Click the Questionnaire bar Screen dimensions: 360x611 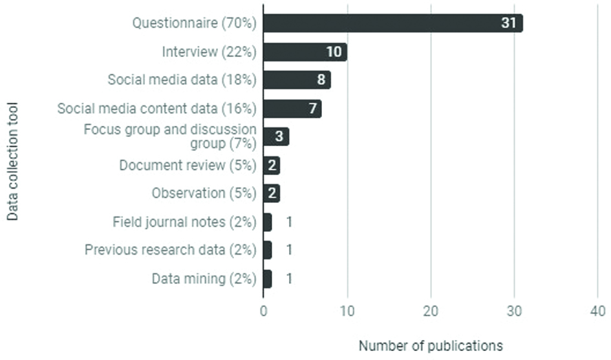[x=392, y=23]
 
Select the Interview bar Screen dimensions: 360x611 [x=305, y=52]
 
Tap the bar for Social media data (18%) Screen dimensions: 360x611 [x=297, y=80]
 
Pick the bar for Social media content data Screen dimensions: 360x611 [x=292, y=109]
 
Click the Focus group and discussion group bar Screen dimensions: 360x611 [x=276, y=137]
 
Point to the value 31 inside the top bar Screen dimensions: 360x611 [x=509, y=23]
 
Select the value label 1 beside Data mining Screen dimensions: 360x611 [x=289, y=279]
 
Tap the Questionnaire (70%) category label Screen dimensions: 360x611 [x=195, y=23]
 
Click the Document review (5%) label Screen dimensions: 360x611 [x=188, y=165]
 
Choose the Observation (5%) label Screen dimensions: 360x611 [x=204, y=193]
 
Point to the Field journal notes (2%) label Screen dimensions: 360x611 [x=184, y=222]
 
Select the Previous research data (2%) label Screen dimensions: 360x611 [x=171, y=250]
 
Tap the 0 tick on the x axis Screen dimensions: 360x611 [x=263, y=311]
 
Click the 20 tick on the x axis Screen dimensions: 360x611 [x=431, y=311]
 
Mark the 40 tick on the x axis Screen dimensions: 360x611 [x=597, y=311]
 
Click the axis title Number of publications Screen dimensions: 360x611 [x=431, y=346]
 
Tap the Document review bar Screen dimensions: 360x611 [x=272, y=165]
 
